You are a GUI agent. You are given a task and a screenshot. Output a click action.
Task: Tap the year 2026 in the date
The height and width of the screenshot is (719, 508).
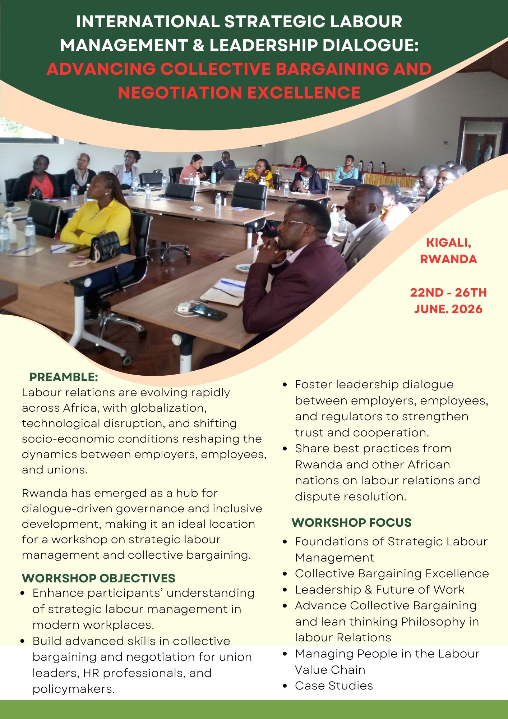pos(467,309)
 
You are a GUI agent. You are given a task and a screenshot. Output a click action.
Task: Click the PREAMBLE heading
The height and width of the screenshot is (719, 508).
pos(64,377)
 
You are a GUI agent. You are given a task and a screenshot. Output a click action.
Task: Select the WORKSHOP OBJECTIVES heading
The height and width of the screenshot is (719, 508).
pos(98,578)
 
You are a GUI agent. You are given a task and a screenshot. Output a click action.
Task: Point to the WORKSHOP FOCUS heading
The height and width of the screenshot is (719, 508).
pos(351,522)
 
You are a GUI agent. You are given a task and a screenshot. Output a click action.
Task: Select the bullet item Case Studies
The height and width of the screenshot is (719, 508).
pos(334,686)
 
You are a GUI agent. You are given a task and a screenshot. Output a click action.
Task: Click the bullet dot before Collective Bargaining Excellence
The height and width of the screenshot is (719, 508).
pos(285,574)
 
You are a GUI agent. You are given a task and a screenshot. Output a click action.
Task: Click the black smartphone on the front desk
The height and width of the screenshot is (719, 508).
pos(208,312)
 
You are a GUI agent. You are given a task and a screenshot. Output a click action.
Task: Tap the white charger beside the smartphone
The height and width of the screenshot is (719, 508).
pos(184,308)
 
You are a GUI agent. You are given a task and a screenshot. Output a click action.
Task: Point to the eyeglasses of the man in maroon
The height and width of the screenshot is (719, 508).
pos(295,223)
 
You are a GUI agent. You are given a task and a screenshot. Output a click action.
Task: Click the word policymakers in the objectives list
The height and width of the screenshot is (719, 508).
pos(73,689)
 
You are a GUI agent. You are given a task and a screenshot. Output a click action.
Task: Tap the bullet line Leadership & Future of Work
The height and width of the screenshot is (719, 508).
pos(380,590)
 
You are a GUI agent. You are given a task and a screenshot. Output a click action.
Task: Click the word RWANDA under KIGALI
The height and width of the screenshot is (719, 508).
pos(448,259)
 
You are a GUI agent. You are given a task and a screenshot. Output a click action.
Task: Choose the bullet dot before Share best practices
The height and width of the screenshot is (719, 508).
pos(285,449)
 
